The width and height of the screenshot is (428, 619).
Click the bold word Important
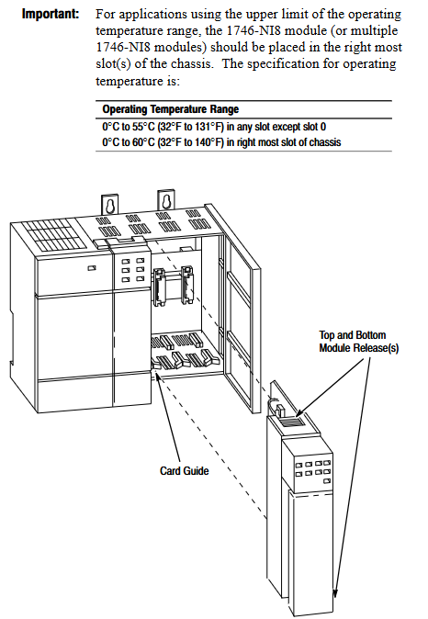(51, 14)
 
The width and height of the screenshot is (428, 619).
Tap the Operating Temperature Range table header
(171, 109)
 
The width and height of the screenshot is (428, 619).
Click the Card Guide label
(184, 471)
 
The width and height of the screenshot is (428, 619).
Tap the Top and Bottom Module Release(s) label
(359, 342)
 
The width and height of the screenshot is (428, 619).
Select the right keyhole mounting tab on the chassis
(165, 200)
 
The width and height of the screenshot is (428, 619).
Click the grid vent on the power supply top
(53, 235)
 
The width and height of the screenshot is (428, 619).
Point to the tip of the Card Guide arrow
(157, 373)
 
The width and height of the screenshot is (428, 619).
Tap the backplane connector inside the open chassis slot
(173, 287)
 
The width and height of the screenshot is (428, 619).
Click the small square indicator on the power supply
(92, 268)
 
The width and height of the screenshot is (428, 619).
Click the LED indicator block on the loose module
(313, 471)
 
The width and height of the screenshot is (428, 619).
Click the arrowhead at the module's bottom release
(335, 594)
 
